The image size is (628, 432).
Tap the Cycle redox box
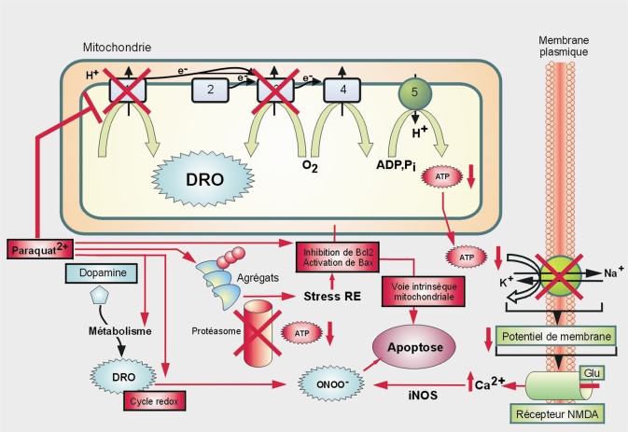click(x=155, y=401)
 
